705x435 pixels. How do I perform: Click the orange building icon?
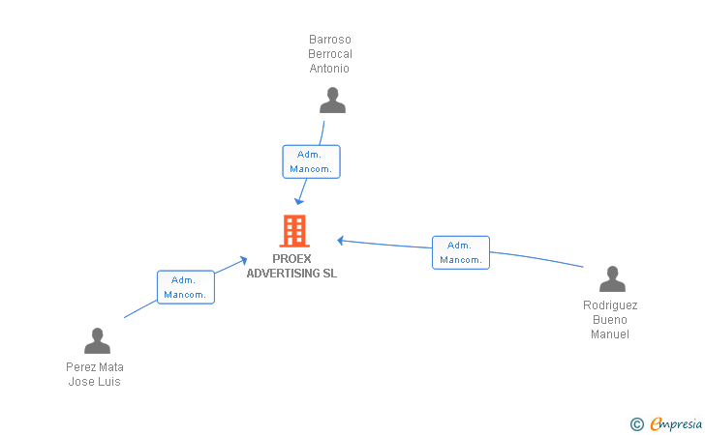point(294,231)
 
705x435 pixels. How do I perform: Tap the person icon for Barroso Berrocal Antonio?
point(332,101)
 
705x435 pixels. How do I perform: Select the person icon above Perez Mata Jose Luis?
point(97,340)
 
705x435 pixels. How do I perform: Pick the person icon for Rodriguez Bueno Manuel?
point(612,278)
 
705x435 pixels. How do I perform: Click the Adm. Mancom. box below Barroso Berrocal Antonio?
point(311,161)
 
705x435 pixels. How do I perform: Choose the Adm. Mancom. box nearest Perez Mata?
point(186,287)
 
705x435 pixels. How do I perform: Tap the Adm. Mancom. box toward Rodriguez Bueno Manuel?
point(461,252)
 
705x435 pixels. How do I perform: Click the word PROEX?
point(291,259)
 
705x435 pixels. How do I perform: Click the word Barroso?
point(330,40)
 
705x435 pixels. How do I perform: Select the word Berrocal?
point(330,54)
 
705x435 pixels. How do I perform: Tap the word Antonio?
point(329,69)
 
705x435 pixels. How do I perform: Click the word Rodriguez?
point(610,305)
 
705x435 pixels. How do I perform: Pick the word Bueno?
point(610,320)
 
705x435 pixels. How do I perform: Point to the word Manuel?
point(610,334)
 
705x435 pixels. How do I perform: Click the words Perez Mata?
point(95,367)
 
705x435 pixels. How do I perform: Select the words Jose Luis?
point(95,382)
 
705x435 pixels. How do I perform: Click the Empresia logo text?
point(676,423)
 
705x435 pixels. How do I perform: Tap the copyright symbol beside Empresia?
point(637,424)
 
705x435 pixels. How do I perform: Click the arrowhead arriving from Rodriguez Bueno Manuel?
point(340,241)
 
